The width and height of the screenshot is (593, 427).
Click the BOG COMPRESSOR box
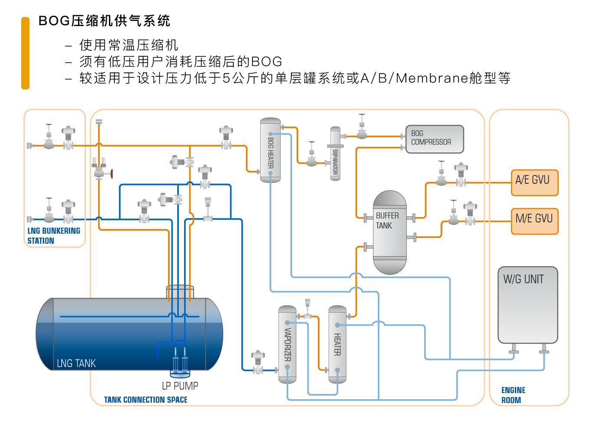435,139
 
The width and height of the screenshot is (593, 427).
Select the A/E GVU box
534,182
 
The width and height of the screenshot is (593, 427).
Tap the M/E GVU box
534,221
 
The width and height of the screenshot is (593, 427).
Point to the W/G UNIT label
523,279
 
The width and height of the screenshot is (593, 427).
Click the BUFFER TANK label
386,221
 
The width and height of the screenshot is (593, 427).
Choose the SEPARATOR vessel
335,154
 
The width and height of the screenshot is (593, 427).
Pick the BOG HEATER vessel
270,150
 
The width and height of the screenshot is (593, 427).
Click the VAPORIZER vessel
287,344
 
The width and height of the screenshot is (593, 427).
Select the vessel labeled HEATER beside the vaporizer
337,344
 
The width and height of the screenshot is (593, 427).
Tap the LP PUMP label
180,386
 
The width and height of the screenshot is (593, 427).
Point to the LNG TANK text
76,363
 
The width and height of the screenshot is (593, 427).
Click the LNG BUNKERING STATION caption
53,235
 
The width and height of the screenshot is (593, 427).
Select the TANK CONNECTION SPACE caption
145,400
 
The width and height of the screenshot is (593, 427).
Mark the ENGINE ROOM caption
513,395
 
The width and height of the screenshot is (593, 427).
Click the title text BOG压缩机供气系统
104,21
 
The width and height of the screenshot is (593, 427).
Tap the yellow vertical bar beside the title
26,53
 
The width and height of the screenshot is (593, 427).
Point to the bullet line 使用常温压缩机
128,45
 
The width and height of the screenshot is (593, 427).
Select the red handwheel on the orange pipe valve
111,174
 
